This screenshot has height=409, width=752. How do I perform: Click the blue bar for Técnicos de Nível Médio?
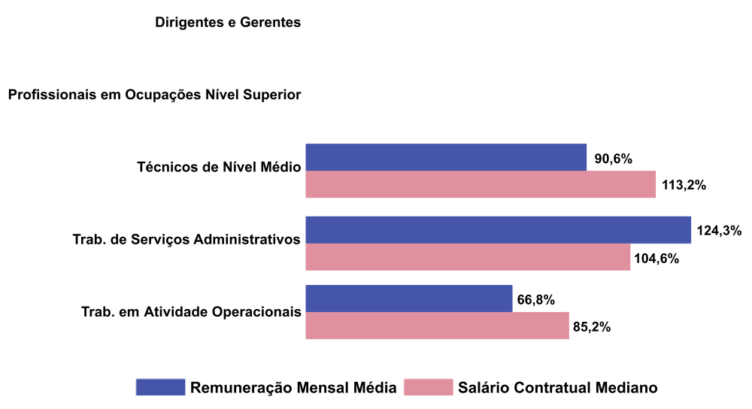click(446, 157)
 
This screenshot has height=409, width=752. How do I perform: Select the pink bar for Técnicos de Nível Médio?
click(481, 184)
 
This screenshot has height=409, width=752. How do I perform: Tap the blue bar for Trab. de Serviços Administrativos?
click(498, 230)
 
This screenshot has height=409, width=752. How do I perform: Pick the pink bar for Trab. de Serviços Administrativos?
click(468, 257)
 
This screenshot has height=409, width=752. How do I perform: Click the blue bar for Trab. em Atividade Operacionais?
click(409, 298)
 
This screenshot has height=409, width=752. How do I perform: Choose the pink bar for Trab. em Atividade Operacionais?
click(437, 326)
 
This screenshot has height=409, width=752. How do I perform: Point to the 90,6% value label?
click(613, 159)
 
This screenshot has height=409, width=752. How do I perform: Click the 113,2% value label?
click(684, 185)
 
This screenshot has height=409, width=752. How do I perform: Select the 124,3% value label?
click(720, 231)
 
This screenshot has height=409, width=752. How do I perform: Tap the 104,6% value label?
click(656, 259)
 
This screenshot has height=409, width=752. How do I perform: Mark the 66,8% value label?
click(536, 300)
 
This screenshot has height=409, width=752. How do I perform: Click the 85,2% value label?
click(592, 327)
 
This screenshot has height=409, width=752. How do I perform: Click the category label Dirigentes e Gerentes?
click(228, 23)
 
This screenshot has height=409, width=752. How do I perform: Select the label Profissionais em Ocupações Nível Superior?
click(154, 95)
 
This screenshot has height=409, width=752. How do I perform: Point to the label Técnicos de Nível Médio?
click(219, 167)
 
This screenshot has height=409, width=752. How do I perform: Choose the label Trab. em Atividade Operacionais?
click(191, 311)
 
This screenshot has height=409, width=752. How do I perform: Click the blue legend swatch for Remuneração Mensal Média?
click(160, 387)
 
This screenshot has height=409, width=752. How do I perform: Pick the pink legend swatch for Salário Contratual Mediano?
click(429, 387)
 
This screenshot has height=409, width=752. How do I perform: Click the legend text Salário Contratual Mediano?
click(557, 388)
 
